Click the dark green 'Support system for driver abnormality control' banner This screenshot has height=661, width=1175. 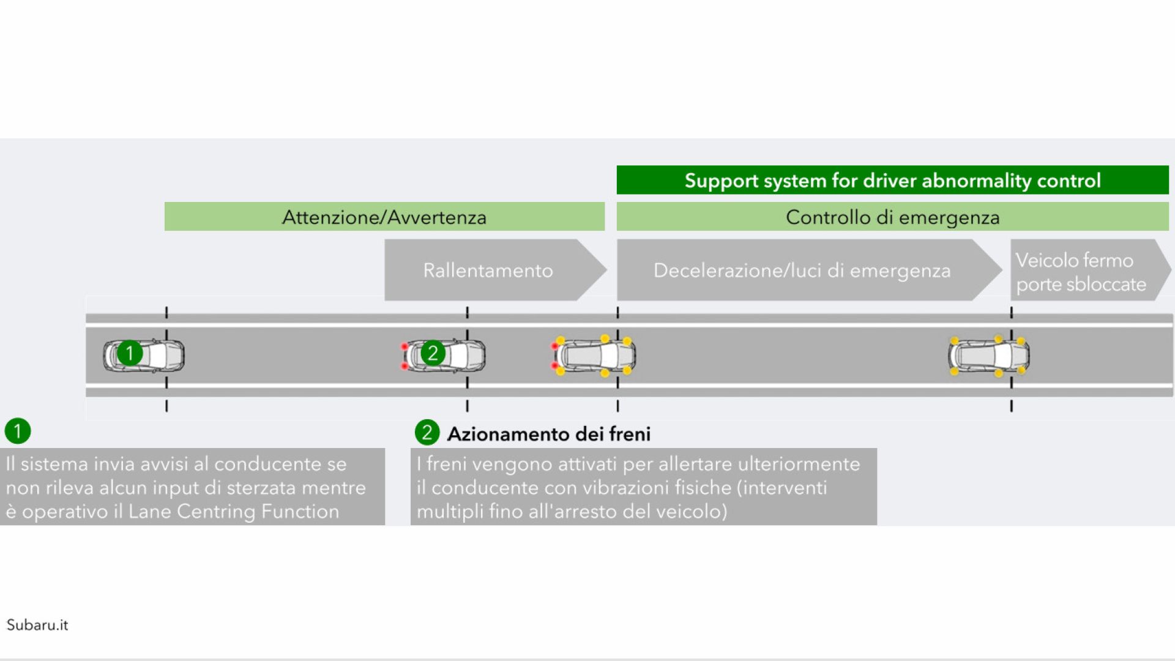coord(892,180)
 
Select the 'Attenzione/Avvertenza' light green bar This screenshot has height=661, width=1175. coord(384,217)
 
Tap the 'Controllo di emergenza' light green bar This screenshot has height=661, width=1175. coord(892,217)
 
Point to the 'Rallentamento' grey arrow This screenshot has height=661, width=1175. coord(495,270)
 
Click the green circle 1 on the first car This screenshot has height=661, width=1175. coord(130,353)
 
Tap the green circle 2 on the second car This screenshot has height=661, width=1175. coord(433,353)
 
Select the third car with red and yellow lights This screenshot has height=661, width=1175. coord(594,356)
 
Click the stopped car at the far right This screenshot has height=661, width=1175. coord(988,356)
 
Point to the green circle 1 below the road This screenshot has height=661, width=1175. coord(18,431)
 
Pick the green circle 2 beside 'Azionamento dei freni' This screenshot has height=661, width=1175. coord(427,432)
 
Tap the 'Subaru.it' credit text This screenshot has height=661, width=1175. coord(37,625)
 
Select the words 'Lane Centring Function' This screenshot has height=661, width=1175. coord(234,512)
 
